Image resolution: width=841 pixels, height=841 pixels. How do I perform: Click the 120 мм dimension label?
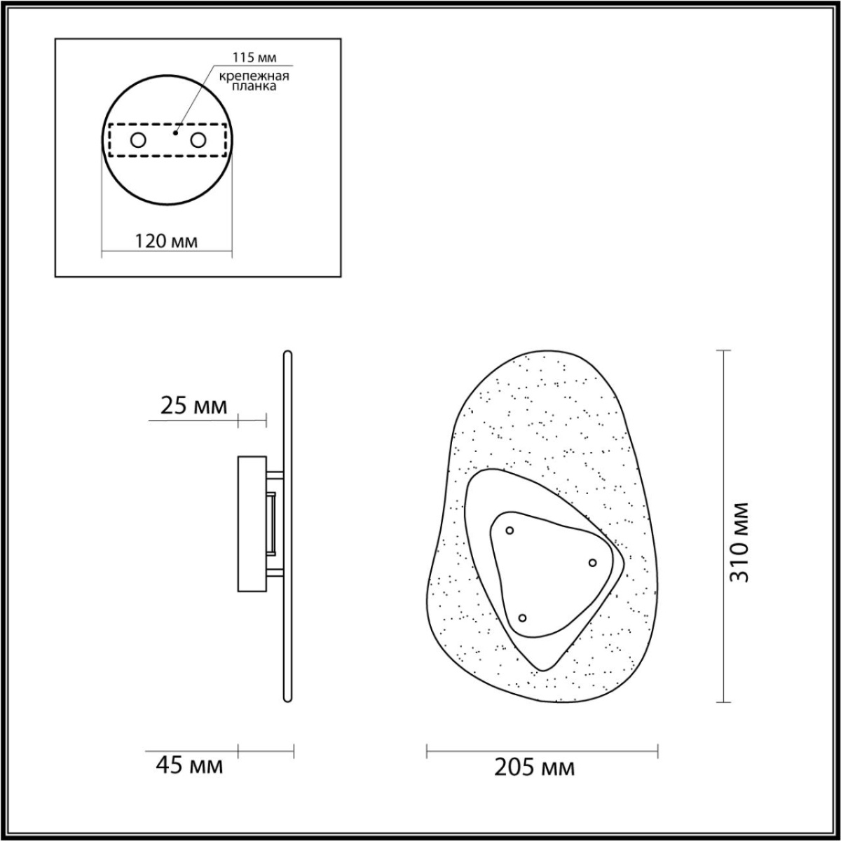pos(166,242)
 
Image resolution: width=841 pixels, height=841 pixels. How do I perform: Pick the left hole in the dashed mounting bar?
pos(138,140)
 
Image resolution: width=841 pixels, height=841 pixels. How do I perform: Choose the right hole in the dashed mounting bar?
pos(198,140)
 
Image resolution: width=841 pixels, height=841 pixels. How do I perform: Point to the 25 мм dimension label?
pos(194,406)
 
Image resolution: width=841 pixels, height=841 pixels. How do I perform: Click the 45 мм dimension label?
pos(189,766)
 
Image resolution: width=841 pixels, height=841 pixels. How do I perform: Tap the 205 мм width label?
pos(535,768)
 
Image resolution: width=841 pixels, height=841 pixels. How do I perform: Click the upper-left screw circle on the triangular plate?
pos(510,531)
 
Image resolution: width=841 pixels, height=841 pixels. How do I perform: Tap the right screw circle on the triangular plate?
pos(592,563)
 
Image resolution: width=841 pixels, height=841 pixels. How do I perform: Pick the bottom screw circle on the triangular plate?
pos(522,617)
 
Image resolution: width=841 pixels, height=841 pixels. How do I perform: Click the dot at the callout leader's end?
pos(175,131)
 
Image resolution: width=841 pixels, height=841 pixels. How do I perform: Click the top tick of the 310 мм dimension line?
pos(723,350)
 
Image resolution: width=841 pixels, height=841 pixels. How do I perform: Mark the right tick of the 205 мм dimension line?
pos(657,751)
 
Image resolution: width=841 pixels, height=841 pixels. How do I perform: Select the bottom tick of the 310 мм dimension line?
pos(723,702)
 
